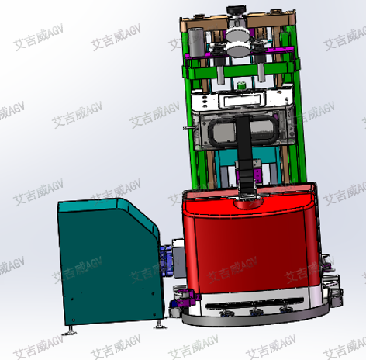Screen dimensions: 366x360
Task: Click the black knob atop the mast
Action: (236, 11)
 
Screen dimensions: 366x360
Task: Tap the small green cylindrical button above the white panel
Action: (241, 85)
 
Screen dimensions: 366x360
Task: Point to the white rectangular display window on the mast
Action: (242, 100)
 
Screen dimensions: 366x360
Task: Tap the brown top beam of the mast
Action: (238, 20)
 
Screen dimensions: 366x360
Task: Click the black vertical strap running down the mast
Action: (245, 155)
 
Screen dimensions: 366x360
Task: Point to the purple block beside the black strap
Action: (257, 175)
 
